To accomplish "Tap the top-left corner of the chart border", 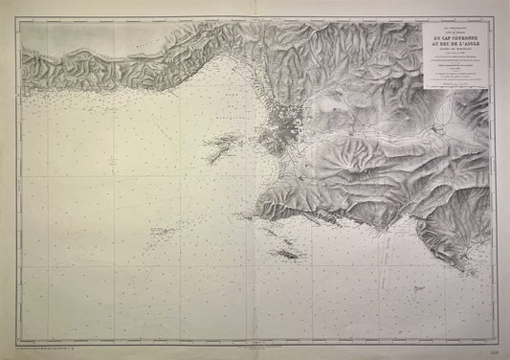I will pyautogui.click(x=21, y=21).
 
